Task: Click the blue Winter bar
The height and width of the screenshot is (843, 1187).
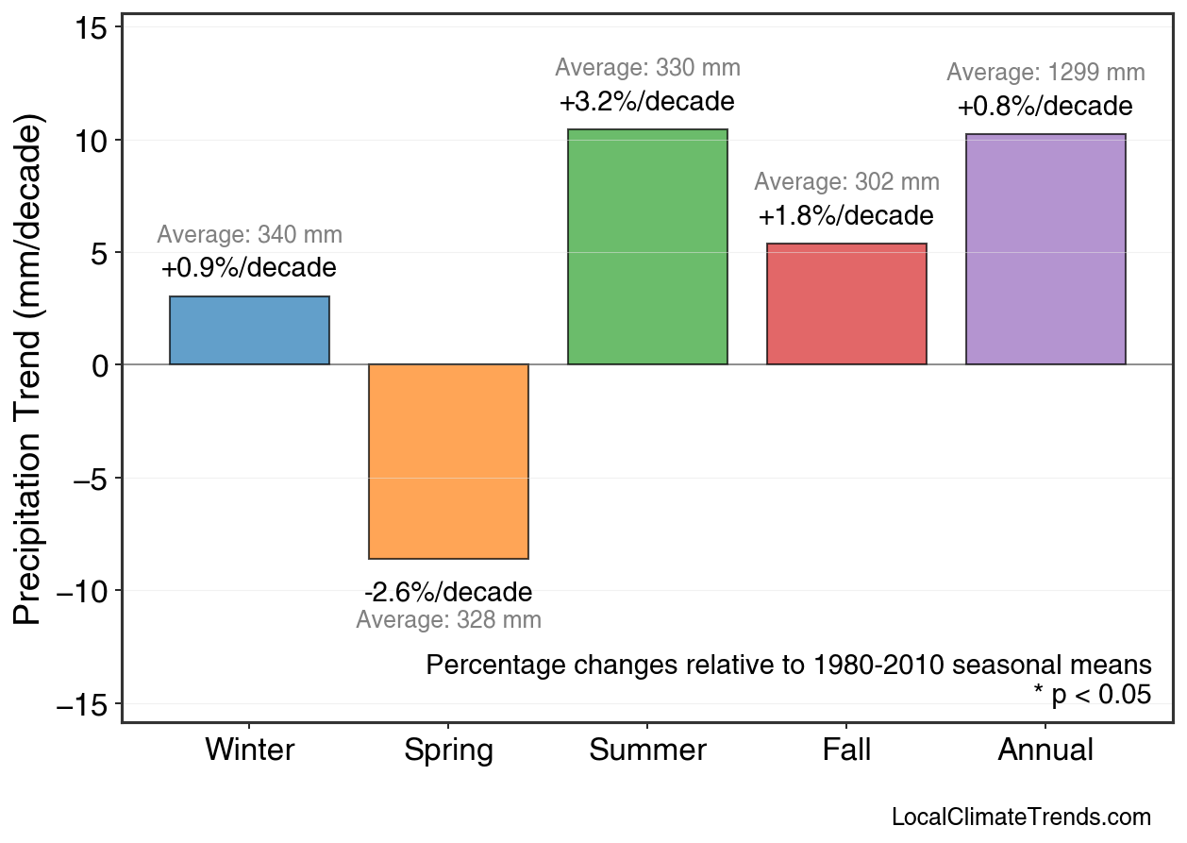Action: point(249,330)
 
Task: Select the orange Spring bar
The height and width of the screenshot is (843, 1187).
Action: point(448,462)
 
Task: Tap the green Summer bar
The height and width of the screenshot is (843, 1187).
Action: point(647,246)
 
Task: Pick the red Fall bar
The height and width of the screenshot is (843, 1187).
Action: point(846,304)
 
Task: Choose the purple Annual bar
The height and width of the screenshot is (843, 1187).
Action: point(1045,249)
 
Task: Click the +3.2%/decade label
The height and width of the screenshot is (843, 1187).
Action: point(647,101)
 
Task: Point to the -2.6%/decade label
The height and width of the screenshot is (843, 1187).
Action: point(448,593)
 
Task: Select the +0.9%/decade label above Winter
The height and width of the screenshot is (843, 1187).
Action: point(249,268)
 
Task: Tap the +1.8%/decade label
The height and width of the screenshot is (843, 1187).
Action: point(846,216)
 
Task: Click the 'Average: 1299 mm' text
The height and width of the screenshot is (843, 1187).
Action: point(1045,73)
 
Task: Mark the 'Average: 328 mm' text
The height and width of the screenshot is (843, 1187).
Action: point(448,620)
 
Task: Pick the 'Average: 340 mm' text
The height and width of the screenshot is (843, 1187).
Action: point(249,235)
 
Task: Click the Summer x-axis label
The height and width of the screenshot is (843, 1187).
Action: point(647,750)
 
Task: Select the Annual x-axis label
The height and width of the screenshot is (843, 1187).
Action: point(1045,750)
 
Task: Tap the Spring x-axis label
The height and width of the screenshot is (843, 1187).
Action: point(448,750)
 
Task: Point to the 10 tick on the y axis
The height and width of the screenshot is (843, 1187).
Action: point(94,141)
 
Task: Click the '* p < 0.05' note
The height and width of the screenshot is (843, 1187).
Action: point(1092,695)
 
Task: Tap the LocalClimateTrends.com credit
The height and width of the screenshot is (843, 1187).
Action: point(1021,818)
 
